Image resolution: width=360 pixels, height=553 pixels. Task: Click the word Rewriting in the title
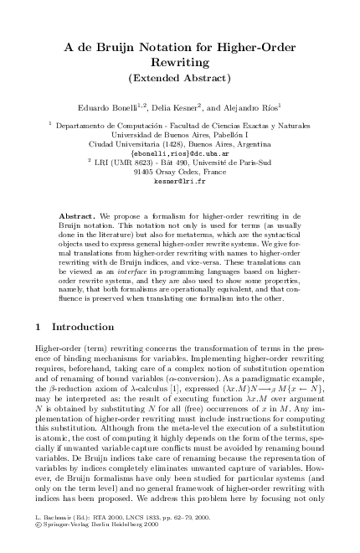179,62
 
